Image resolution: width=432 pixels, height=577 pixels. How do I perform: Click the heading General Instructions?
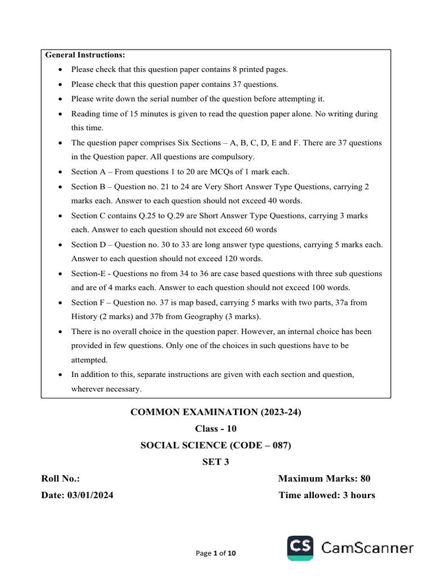tap(85, 55)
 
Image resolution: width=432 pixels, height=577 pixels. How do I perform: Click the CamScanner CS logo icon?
tap(300, 548)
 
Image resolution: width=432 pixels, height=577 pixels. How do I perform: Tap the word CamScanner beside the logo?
tap(367, 548)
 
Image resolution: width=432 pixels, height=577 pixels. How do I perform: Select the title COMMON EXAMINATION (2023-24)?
tap(216, 412)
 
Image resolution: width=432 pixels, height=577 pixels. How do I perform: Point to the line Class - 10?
tap(215, 429)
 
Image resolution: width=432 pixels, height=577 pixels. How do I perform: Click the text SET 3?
tap(216, 462)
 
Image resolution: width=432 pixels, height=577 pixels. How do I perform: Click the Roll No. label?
tap(61, 478)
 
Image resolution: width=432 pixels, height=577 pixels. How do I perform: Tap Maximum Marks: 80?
tap(324, 478)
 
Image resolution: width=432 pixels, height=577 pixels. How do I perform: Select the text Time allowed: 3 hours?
tap(327, 495)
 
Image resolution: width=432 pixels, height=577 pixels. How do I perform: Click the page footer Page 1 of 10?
tap(216, 553)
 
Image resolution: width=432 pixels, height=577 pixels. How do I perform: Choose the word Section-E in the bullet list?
tap(89, 273)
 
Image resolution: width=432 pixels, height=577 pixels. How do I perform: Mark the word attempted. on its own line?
tap(89, 359)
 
